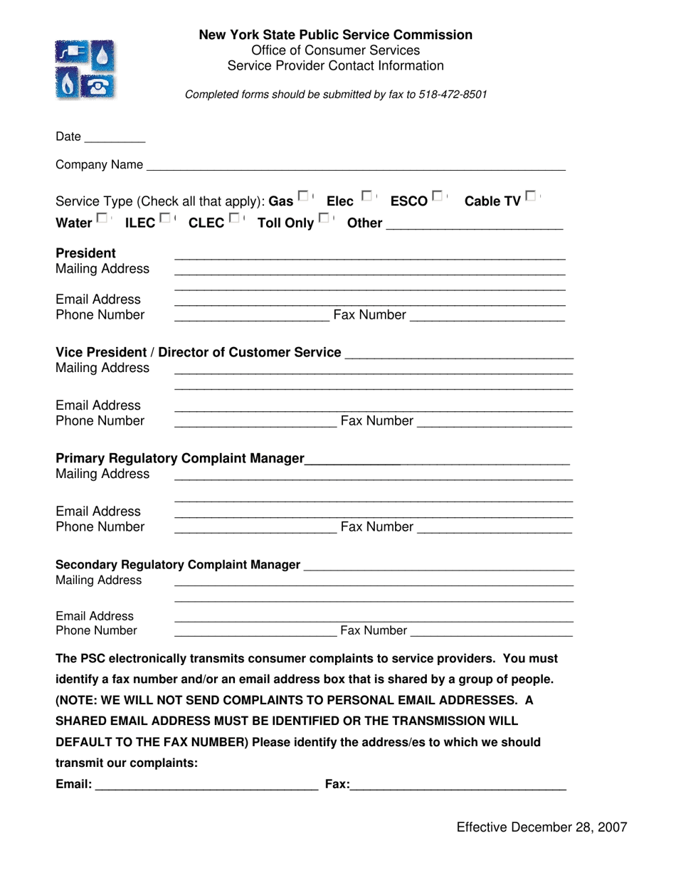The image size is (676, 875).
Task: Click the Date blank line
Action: [x=115, y=138]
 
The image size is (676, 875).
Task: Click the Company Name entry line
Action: [x=356, y=166]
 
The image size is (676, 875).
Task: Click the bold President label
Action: [x=85, y=253]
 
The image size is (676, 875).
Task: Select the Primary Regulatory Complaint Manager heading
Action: [x=180, y=458]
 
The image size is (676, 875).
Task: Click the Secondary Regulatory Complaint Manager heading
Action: [x=178, y=564]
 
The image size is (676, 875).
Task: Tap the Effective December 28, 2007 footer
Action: [x=542, y=827]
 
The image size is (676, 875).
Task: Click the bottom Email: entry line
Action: [x=206, y=785]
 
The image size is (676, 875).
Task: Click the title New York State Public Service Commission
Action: [x=335, y=35]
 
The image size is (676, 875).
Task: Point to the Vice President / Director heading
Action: [x=198, y=352]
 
